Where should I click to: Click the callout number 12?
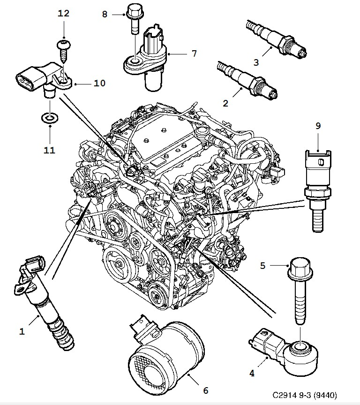(x=63, y=13)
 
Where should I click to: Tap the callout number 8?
(x=105, y=14)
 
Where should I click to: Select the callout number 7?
(x=194, y=53)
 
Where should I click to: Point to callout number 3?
(x=256, y=62)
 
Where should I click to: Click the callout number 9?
(x=318, y=126)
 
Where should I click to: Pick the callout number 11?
(x=49, y=150)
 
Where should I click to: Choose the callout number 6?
(x=205, y=390)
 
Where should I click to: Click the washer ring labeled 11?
(x=50, y=118)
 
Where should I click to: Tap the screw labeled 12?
(x=63, y=50)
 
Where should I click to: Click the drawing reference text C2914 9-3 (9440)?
(x=305, y=395)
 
